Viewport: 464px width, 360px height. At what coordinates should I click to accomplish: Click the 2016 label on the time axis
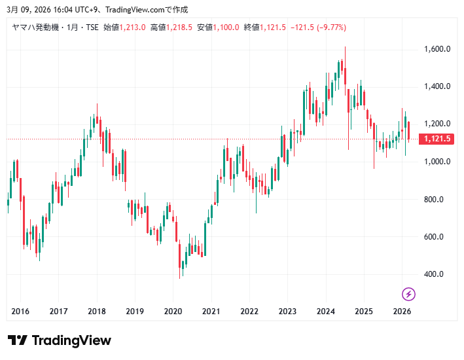[x=20, y=312]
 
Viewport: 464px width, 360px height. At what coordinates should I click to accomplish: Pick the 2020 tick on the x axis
[x=173, y=312]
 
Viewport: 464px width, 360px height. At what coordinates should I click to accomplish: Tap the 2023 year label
[x=287, y=312]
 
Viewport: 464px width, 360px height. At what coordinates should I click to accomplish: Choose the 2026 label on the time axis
[x=402, y=312]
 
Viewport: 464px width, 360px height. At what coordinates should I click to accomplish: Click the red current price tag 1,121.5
[x=437, y=139]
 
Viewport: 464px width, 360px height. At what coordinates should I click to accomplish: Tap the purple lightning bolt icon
[x=408, y=294]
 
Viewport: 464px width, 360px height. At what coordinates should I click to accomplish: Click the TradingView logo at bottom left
[x=60, y=340]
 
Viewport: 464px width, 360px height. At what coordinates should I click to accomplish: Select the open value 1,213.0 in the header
[x=133, y=27]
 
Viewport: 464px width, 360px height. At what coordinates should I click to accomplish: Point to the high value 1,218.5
[x=179, y=27]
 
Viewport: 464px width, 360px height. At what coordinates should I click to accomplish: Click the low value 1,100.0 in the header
[x=226, y=27]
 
